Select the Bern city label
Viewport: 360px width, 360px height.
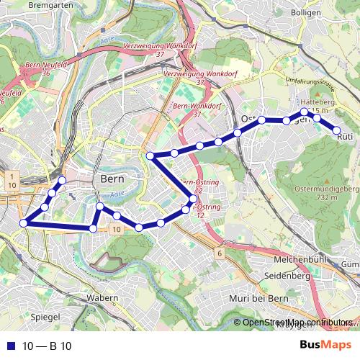point(114,179)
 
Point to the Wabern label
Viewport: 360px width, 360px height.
point(102,297)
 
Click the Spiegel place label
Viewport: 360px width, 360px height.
point(45,316)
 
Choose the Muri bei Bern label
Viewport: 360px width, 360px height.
point(258,297)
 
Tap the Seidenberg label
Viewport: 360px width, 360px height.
point(287,276)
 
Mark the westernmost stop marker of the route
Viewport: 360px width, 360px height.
point(23,223)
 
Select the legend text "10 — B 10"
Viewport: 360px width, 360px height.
point(47,346)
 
